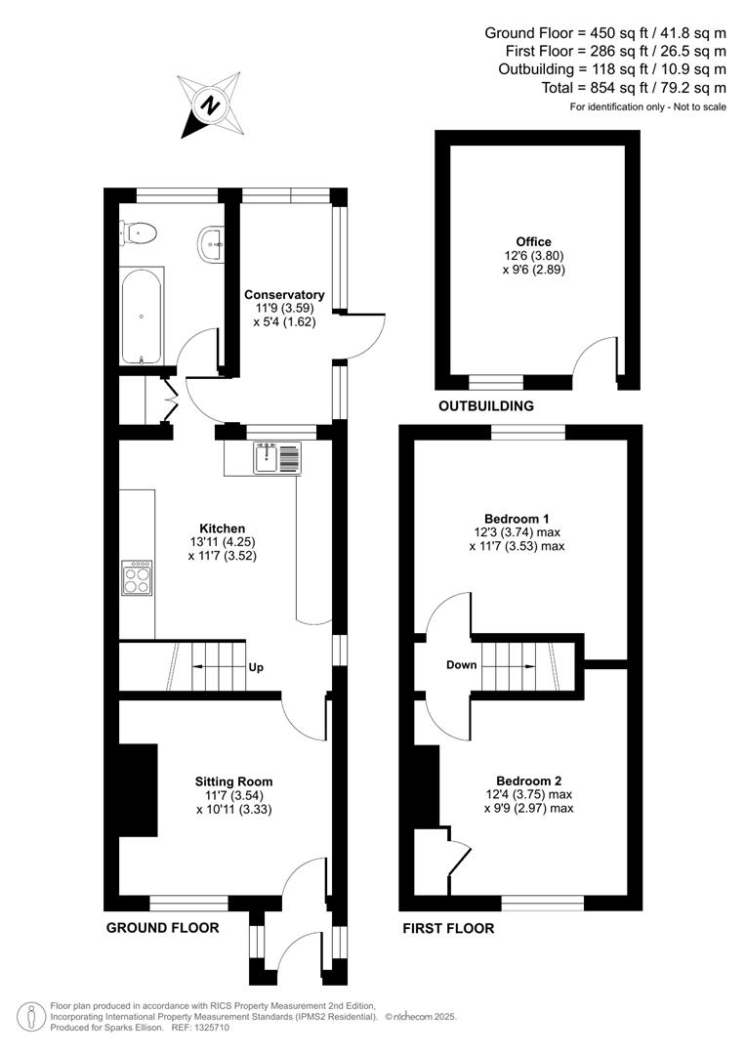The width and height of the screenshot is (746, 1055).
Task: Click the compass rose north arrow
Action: (209, 104)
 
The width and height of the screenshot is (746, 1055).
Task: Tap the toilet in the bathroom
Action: (141, 232)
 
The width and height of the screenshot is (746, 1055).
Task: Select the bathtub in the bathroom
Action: (143, 316)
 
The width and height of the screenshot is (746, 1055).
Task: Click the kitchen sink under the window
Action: (278, 457)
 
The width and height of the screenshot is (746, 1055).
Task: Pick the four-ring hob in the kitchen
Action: (137, 577)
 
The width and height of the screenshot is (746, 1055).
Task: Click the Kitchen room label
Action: (224, 528)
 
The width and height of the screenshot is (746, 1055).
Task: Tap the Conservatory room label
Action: (284, 294)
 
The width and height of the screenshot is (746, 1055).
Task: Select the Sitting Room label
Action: (233, 781)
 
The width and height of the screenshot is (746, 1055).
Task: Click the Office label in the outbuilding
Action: (534, 242)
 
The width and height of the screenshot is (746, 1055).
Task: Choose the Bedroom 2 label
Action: (528, 781)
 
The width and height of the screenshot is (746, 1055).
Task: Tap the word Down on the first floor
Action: (461, 665)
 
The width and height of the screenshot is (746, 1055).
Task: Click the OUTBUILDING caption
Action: (486, 405)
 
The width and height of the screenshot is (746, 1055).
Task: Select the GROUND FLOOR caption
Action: (162, 927)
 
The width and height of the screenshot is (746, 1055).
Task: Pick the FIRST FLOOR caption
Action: (448, 928)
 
